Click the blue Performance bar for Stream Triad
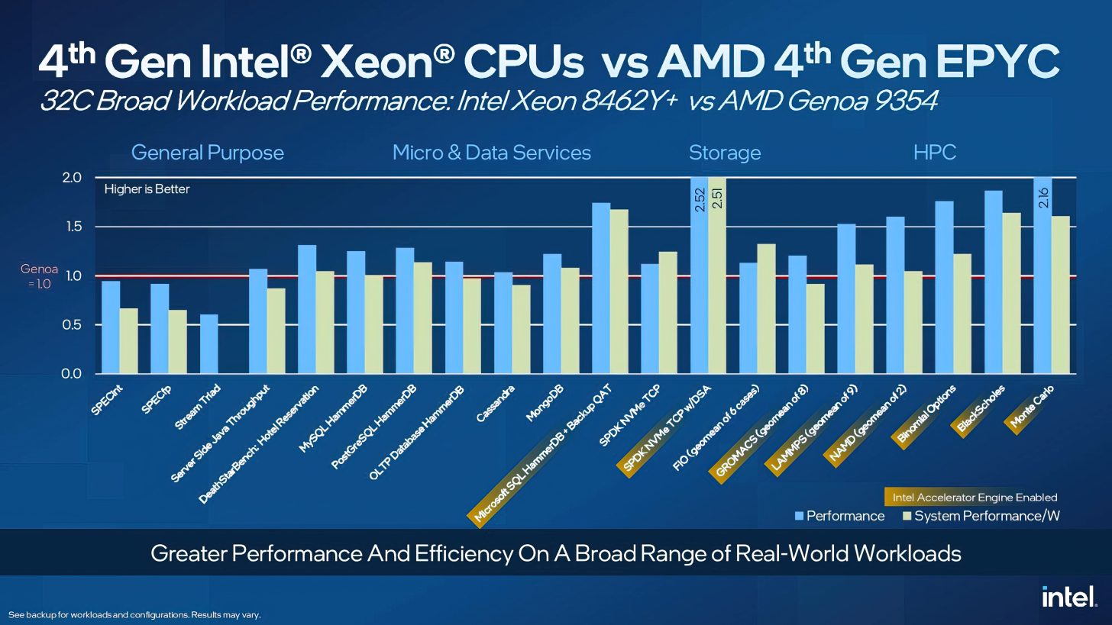coord(208,344)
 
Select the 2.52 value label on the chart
coord(700,200)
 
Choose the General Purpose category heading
coord(207,153)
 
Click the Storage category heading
coord(724,153)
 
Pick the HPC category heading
coord(934,153)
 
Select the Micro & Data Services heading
coord(491,153)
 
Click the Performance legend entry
coord(839,516)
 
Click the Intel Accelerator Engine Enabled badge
coord(975,498)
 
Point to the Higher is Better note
coord(147,188)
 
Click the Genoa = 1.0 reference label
coord(39,276)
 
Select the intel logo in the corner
coord(1069,596)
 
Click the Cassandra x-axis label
coord(495,404)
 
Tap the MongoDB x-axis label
coord(544,404)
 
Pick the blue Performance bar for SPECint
coord(111,327)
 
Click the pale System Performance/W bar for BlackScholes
coord(1011,293)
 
